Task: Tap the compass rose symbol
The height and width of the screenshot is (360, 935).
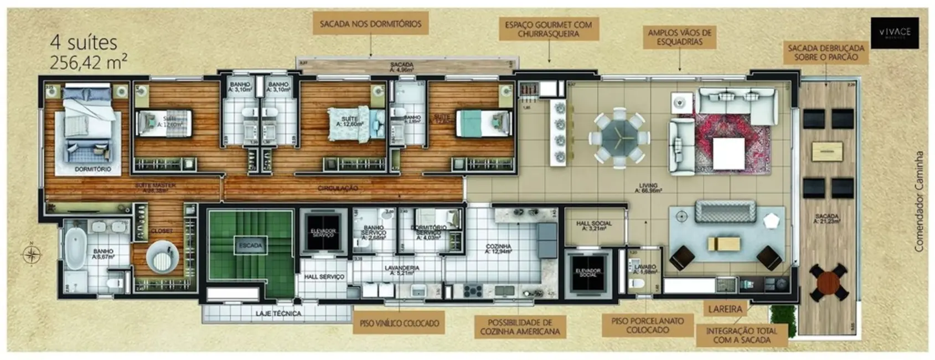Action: click(32, 254)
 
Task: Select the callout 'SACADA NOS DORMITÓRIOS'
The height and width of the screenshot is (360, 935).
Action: click(370, 24)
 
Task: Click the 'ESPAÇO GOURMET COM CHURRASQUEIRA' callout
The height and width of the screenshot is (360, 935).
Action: click(548, 29)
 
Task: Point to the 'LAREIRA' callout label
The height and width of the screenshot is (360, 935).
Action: click(725, 309)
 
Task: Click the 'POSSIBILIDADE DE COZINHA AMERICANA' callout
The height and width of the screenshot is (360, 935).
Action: click(520, 327)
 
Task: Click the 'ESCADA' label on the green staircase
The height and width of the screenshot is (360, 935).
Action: click(251, 245)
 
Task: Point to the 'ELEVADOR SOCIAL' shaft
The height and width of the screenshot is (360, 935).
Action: click(587, 272)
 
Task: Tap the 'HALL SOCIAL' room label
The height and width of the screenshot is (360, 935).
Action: click(593, 225)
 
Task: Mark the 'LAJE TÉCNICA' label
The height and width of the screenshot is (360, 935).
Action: click(278, 313)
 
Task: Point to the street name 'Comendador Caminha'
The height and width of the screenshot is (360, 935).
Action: click(919, 202)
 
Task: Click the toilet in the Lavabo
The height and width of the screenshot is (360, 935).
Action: click(637, 284)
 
